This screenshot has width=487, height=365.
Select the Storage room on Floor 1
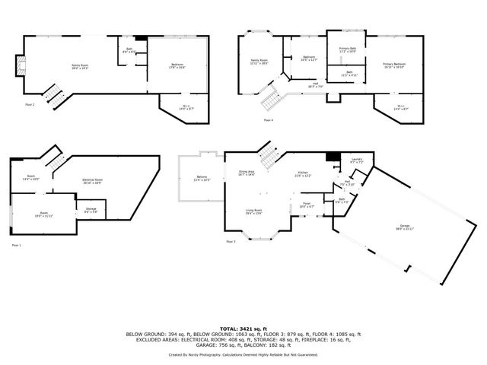click(90, 210)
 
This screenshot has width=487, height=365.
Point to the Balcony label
click(202, 179)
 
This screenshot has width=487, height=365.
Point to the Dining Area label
click(246, 173)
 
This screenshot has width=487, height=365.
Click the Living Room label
click(253, 211)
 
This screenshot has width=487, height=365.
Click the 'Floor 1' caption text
click(17, 246)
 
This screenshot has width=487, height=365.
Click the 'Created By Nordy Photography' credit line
click(243, 354)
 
